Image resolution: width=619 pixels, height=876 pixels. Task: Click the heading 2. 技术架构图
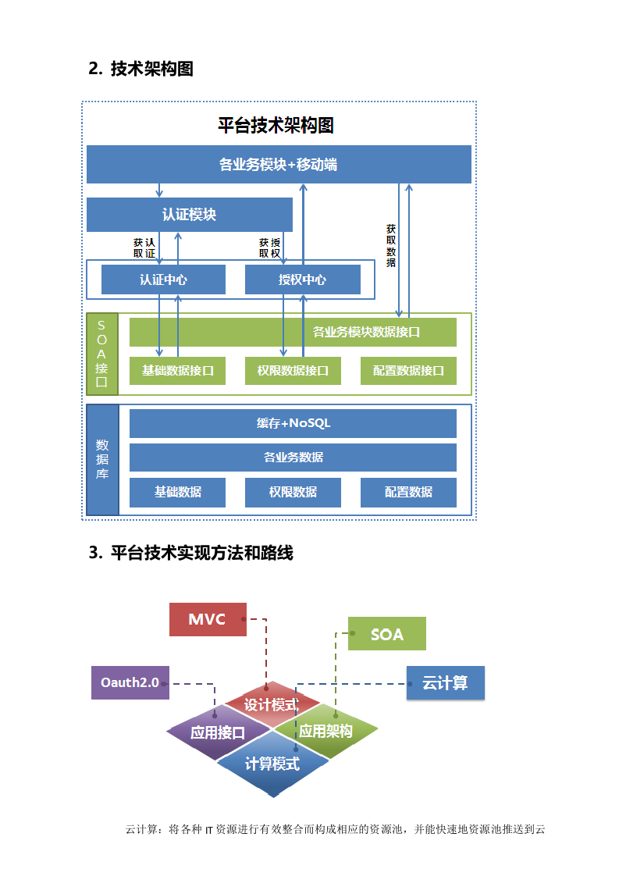(141, 69)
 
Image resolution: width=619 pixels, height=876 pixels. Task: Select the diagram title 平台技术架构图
(276, 125)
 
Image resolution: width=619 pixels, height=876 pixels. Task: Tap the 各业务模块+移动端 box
(278, 165)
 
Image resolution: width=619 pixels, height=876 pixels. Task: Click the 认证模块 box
(189, 215)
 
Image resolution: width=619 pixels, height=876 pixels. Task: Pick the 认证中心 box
(163, 280)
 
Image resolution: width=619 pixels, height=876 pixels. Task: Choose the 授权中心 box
(302, 280)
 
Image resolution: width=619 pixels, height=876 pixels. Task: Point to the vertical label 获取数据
(391, 246)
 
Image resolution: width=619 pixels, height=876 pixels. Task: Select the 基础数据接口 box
(177, 371)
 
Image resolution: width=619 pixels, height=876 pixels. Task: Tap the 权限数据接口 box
(293, 371)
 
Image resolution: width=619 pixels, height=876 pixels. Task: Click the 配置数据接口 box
(408, 371)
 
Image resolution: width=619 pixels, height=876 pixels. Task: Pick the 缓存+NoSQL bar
(293, 423)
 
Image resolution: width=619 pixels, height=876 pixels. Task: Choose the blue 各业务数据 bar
(293, 457)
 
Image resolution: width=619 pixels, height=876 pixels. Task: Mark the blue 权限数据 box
(293, 492)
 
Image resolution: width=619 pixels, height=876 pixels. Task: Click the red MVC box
(208, 619)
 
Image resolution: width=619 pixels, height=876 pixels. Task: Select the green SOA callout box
(386, 634)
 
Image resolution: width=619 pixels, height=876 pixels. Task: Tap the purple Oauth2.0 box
(130, 682)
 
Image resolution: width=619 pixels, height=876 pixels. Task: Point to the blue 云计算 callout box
(446, 682)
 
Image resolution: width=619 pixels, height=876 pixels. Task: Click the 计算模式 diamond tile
(272, 764)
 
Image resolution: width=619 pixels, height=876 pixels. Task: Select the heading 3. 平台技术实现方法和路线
(191, 553)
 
